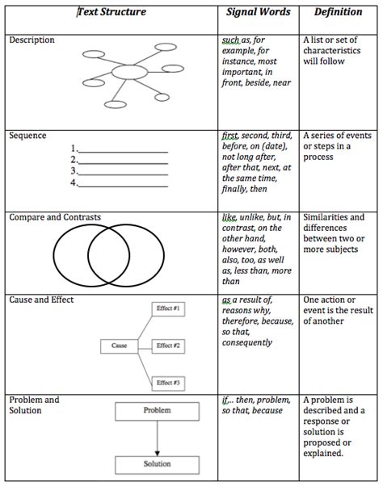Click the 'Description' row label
point(32,40)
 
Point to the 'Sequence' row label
point(27,136)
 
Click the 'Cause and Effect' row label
point(41,300)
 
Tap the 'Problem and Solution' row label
point(35,405)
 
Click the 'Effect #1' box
point(169,309)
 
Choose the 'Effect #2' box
point(169,346)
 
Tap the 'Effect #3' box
point(169,382)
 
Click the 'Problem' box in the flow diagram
point(157,411)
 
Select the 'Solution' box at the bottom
point(157,464)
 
